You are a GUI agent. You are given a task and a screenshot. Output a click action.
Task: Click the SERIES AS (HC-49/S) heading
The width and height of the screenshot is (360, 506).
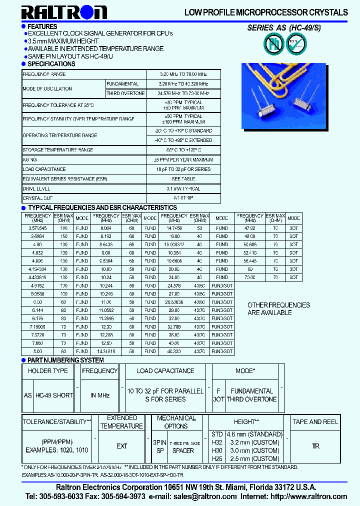(x=284, y=28)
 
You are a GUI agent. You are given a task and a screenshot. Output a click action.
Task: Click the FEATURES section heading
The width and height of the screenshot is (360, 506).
(x=42, y=26)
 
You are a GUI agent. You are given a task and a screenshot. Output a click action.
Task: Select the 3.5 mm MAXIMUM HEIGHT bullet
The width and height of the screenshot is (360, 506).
(x=63, y=41)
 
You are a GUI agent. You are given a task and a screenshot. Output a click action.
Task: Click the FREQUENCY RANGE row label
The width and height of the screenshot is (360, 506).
(x=44, y=74)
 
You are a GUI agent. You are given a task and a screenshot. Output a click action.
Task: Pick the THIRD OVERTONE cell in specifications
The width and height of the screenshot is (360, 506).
(x=125, y=93)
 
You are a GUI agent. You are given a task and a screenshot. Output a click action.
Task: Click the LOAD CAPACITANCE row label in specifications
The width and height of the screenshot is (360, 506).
(x=44, y=169)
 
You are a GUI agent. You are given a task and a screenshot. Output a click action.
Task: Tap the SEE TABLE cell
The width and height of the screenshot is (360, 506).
(x=183, y=179)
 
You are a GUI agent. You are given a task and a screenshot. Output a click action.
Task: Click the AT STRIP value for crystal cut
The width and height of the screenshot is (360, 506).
(x=183, y=198)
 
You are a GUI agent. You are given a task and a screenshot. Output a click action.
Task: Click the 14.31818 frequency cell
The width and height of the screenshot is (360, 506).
(x=105, y=351)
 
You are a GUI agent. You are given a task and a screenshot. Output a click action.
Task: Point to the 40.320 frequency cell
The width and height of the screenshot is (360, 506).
(x=173, y=351)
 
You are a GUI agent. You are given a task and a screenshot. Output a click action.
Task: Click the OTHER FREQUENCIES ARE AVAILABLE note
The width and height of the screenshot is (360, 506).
(x=278, y=308)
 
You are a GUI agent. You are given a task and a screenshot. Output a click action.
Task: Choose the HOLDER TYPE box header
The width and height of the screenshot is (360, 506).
(x=48, y=371)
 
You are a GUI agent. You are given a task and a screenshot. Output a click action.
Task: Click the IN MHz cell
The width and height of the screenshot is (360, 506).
(x=100, y=395)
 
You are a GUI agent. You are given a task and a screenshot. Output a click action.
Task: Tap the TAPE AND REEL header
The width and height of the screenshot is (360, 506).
(x=315, y=422)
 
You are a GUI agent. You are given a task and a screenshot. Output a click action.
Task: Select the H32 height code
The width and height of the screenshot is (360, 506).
(x=217, y=442)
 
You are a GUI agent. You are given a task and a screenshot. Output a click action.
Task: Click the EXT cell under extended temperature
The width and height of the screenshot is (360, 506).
(x=121, y=446)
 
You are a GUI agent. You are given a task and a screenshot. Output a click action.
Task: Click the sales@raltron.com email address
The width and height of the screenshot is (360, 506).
(x=205, y=496)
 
